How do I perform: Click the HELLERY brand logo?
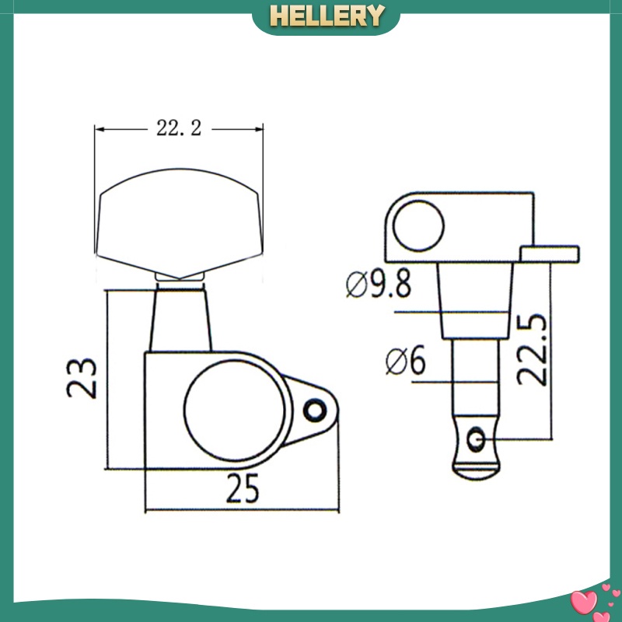[327, 16]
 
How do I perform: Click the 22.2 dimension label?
[179, 128]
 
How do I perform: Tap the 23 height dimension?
[82, 378]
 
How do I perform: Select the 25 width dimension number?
[243, 488]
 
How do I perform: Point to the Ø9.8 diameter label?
[379, 284]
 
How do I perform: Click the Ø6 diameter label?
[405, 360]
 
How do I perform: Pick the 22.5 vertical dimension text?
[533, 350]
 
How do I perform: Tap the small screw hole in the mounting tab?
[315, 411]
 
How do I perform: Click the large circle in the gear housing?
[235, 411]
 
